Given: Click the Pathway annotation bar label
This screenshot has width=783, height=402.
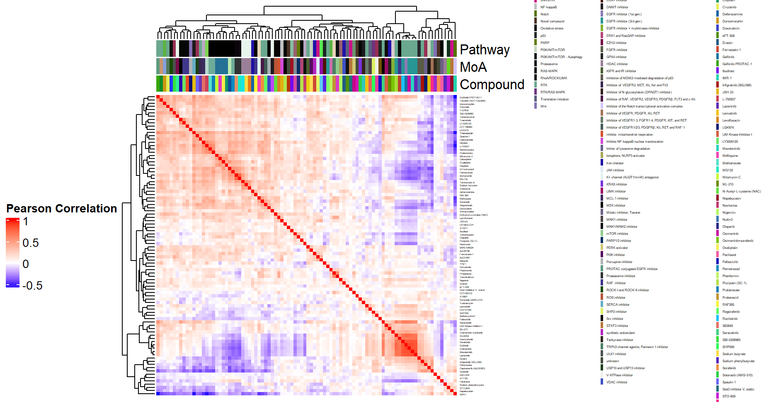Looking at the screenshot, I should pos(485,50).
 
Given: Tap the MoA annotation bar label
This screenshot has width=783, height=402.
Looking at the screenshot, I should pos(473,67).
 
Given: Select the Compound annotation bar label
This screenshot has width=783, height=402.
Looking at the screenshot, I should pos(492,85).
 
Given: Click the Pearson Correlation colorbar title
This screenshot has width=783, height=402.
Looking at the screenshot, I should pos(62,208).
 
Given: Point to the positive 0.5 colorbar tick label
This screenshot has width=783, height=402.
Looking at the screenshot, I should pos(31,243).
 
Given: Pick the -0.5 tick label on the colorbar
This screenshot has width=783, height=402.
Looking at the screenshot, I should pos(32,285).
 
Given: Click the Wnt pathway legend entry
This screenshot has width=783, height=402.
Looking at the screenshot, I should pos(543,106).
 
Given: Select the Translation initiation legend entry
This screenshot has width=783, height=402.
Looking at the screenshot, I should pos(554,99).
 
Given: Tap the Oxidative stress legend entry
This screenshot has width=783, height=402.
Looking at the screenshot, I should pos(552,28).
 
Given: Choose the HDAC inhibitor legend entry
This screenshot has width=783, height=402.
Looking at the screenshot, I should pos(617,64).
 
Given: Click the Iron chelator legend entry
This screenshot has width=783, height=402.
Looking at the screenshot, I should pos(615,163).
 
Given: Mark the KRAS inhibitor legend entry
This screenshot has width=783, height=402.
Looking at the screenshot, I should pos(616,184).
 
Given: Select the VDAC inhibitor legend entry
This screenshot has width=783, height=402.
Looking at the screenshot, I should pos(616,382).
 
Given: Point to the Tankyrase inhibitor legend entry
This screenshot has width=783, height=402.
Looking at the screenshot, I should pos(620,340).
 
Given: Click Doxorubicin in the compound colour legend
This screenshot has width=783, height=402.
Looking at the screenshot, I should pos(731,28).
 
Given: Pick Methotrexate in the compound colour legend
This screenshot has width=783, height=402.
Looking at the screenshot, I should pos(731,163).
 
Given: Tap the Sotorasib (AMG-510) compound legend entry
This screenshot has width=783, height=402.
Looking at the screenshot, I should pos(737,375).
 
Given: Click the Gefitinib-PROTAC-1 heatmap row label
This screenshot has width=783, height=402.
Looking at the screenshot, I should pos(470,97).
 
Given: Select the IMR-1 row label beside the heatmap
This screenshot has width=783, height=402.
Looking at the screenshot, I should pos(463,395).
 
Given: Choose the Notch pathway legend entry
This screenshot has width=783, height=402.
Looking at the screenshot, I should pos(544,14).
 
